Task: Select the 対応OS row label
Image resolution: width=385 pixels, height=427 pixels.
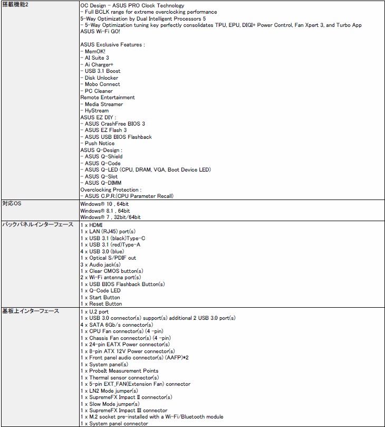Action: click(12, 204)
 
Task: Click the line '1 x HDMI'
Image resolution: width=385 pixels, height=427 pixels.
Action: click(92, 225)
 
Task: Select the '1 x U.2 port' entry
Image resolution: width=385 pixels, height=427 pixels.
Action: click(94, 311)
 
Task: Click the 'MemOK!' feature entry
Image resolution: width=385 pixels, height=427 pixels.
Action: click(95, 51)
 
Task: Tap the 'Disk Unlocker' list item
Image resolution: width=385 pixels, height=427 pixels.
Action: click(101, 78)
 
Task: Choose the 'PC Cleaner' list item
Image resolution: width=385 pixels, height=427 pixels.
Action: click(99, 91)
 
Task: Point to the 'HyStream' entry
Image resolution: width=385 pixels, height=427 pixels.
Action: click(97, 110)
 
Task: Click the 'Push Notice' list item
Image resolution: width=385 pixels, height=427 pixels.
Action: click(99, 143)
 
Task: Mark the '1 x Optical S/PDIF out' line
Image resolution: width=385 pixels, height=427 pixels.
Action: click(108, 258)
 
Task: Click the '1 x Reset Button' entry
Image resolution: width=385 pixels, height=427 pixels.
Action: click(101, 303)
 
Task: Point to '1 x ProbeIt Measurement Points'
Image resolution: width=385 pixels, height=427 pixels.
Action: click(119, 371)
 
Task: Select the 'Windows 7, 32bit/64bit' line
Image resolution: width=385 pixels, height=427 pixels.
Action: click(110, 217)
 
